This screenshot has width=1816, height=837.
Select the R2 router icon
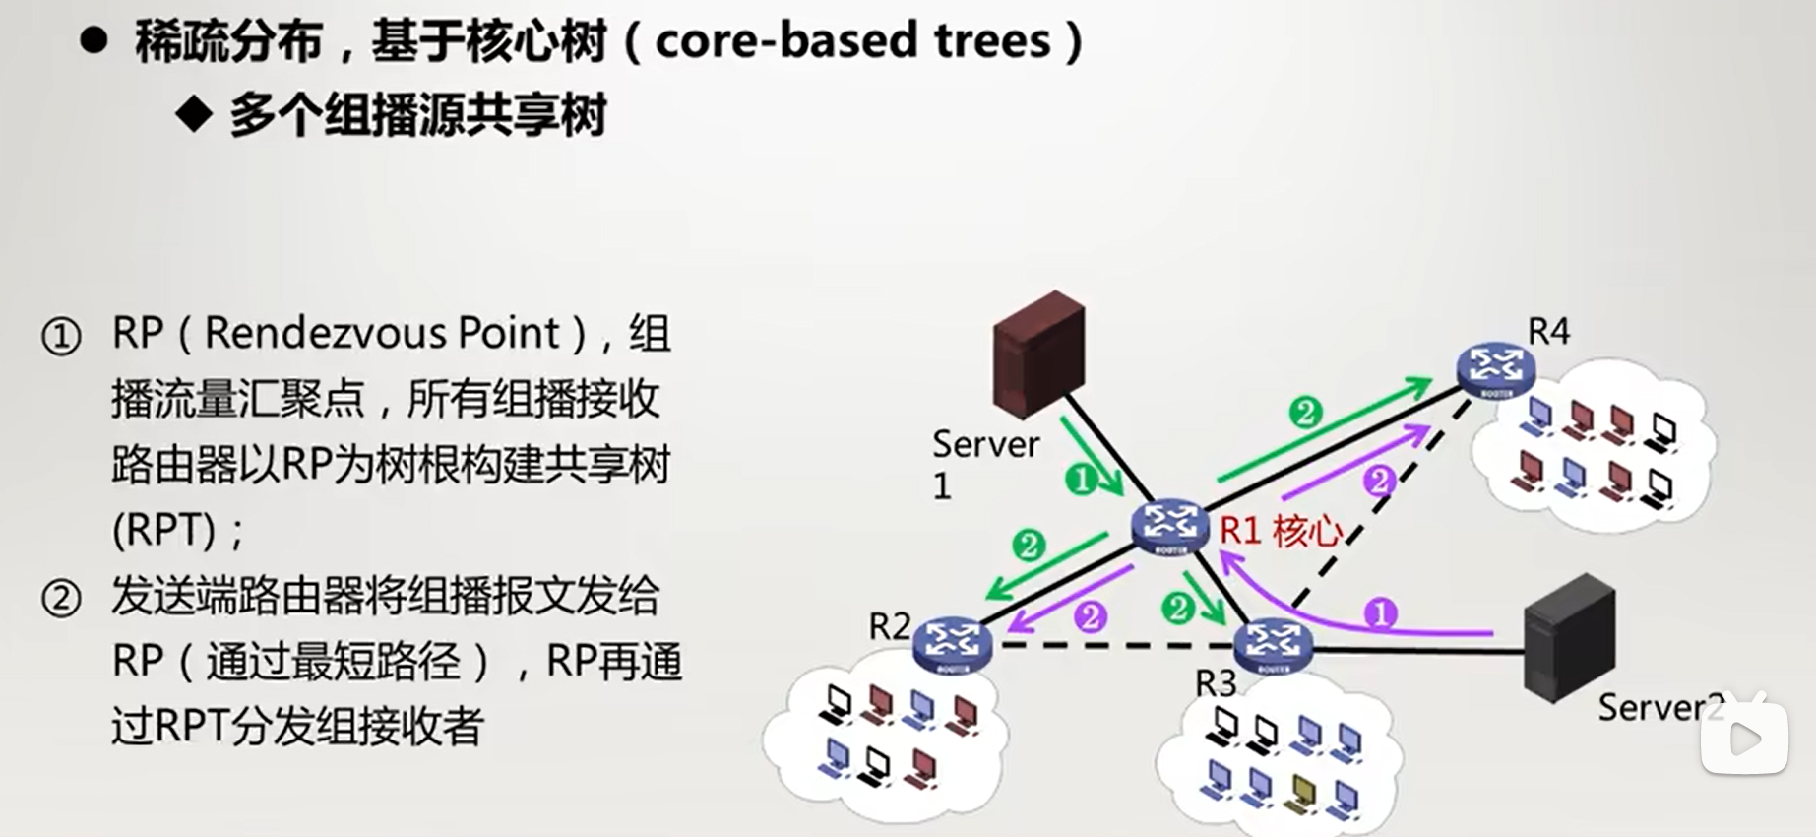(951, 644)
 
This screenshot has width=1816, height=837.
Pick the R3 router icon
(1273, 645)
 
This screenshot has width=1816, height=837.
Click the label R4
(1548, 332)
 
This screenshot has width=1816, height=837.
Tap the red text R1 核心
(1281, 531)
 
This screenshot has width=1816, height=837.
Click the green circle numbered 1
(1081, 480)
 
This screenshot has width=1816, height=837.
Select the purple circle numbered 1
(1381, 613)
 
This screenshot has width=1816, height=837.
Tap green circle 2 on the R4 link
(1305, 412)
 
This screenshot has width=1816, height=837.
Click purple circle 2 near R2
(1091, 617)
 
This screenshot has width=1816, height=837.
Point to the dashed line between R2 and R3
(1112, 647)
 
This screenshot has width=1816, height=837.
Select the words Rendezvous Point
(382, 333)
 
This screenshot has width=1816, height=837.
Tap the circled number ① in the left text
(61, 337)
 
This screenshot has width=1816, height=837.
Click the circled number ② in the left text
(61, 599)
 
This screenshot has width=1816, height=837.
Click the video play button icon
(1744, 739)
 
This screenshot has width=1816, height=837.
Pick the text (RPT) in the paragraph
(163, 531)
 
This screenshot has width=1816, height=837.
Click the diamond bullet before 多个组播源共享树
(194, 115)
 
